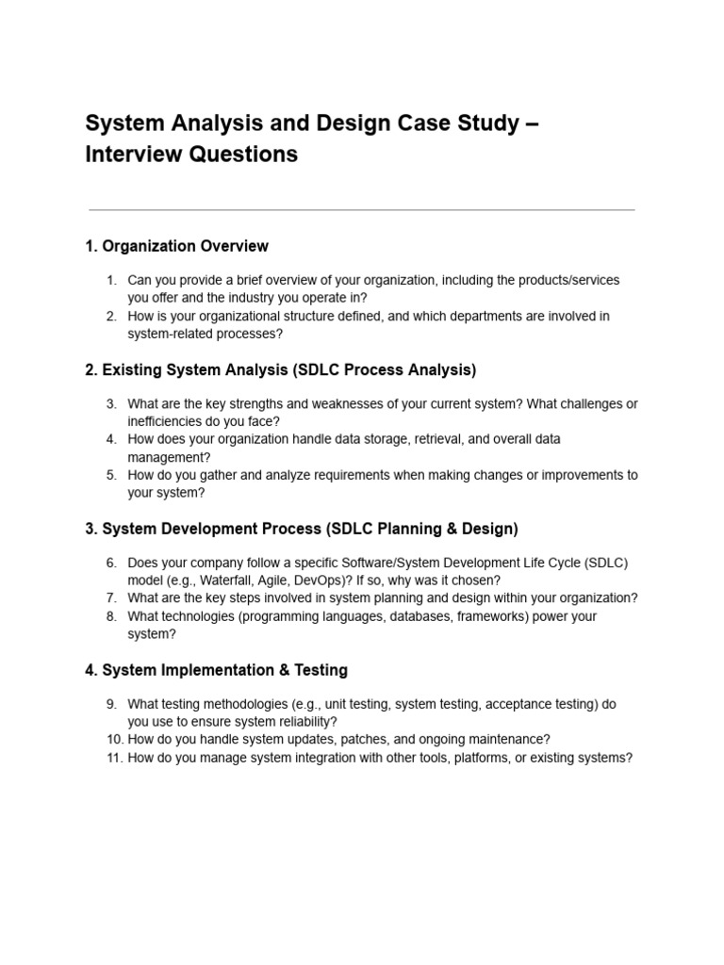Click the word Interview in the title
pos(129,154)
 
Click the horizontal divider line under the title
pos(361,210)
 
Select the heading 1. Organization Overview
pos(176,246)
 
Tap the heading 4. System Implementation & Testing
pos(216,670)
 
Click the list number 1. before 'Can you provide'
pos(111,281)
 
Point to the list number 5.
pos(111,475)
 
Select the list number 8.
pos(111,616)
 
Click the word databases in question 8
pos(419,616)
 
